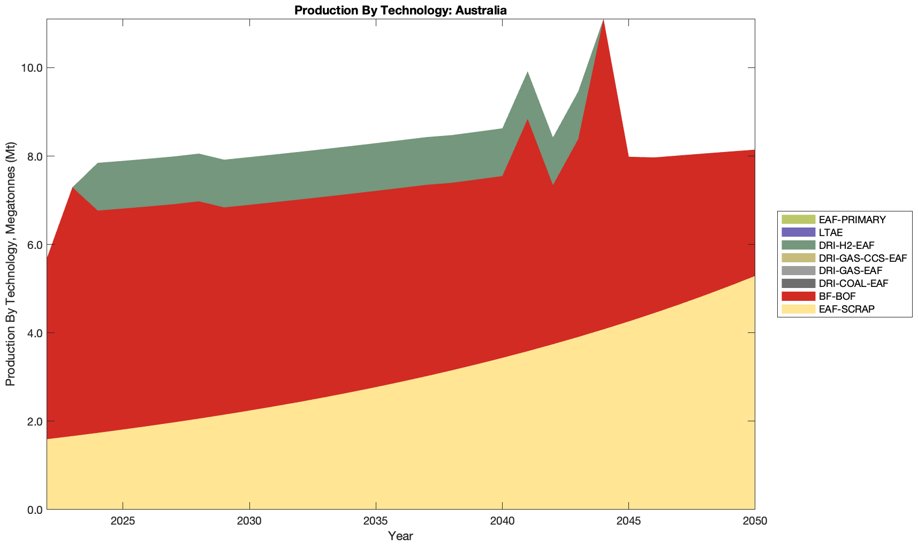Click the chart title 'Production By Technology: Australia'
(400, 10)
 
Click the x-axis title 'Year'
(400, 536)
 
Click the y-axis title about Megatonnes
(10, 264)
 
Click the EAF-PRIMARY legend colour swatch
(798, 219)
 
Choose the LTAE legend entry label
(831, 232)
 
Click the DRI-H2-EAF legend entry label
(846, 245)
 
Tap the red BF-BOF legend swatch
(798, 296)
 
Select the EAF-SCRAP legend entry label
(846, 309)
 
